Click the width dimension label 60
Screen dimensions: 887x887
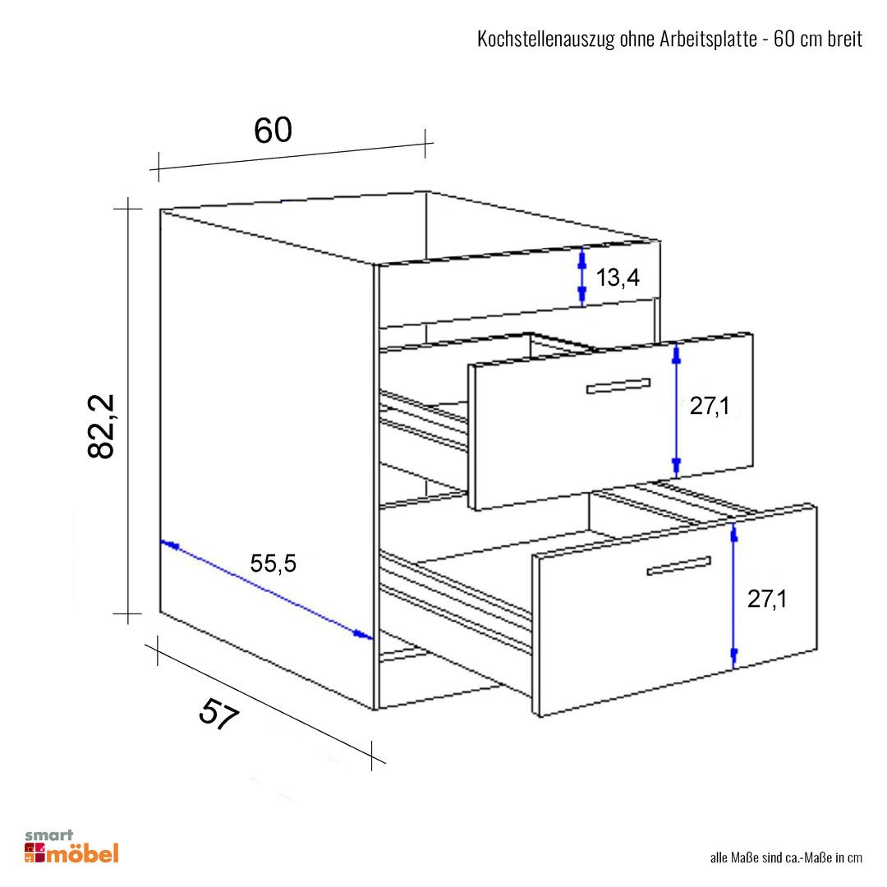273,130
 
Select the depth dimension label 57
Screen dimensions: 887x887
218,714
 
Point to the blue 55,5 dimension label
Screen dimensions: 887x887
273,563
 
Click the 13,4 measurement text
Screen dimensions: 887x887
618,278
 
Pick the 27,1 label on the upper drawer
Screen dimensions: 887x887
710,405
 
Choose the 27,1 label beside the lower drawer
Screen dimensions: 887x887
767,600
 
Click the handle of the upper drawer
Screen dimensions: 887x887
618,386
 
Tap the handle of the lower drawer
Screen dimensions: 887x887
678,565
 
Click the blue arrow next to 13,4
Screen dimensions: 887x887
581,278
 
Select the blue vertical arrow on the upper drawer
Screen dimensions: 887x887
676,411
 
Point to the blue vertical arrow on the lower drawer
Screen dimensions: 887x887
734,596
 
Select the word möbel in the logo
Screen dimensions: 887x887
83,853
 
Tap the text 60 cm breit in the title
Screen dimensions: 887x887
817,40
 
